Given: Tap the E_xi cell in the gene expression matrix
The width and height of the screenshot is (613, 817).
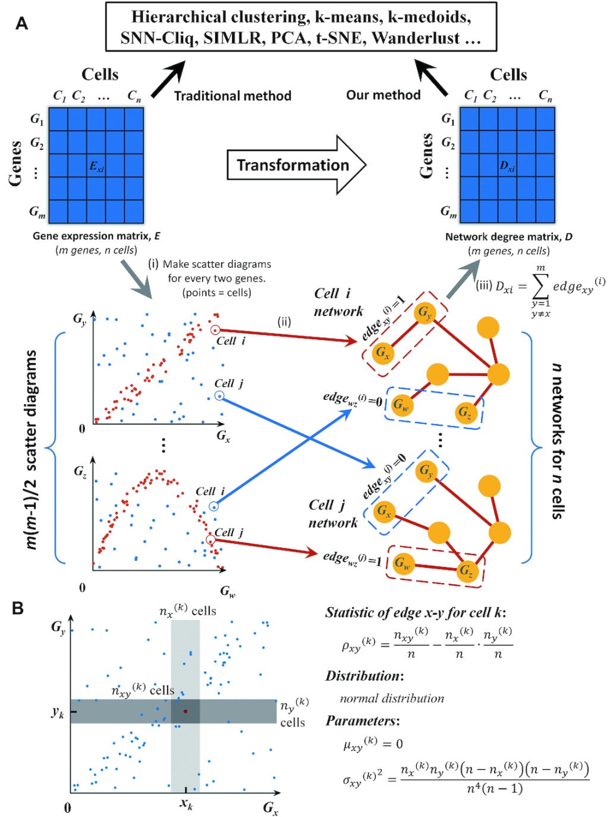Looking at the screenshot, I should (x=96, y=166).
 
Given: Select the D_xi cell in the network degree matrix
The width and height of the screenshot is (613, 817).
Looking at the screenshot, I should (x=507, y=165).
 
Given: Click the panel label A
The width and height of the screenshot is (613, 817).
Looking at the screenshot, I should (x=22, y=24).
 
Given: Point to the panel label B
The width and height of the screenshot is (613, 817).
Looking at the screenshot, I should (x=18, y=608).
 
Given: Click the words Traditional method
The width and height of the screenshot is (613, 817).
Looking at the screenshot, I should (x=232, y=96).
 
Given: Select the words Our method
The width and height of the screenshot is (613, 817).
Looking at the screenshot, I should (x=383, y=95).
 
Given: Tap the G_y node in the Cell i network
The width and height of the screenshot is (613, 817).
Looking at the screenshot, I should (x=425, y=312).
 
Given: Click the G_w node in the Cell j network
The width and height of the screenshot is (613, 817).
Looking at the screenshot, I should (x=403, y=562).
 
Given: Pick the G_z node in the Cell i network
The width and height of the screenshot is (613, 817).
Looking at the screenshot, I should (x=464, y=412).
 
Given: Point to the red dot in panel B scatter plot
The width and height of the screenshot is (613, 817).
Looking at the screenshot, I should (x=186, y=711).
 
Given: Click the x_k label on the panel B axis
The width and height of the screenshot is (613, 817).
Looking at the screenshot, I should (x=186, y=804).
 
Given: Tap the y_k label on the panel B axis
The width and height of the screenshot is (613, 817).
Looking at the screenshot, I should (x=58, y=712).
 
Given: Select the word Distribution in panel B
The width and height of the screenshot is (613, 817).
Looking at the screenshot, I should (x=363, y=676).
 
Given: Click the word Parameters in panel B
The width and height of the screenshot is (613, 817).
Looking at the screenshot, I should (x=361, y=721).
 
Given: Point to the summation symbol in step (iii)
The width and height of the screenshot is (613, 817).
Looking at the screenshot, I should (x=540, y=287).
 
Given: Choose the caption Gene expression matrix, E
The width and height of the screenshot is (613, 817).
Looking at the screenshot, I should (x=96, y=236).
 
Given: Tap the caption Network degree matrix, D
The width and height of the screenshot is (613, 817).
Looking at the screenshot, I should (x=508, y=236).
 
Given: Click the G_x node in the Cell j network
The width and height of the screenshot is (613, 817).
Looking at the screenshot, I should (x=384, y=511).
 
